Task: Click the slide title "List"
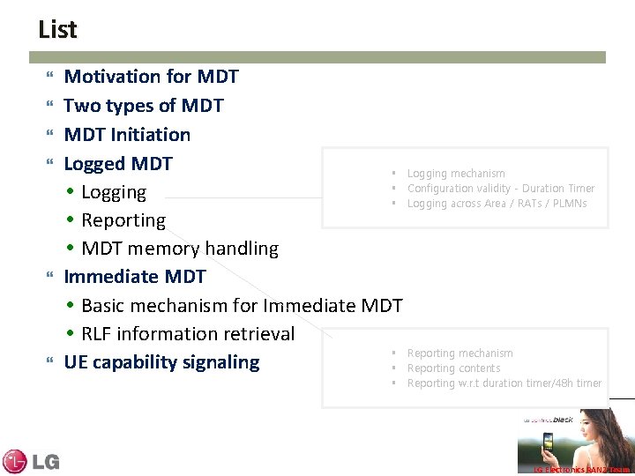point(57,29)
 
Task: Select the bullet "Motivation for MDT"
point(151,78)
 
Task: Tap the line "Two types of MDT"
point(144,106)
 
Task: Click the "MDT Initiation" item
point(127,135)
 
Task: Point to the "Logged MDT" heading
point(118,163)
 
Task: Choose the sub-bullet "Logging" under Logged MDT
point(113,192)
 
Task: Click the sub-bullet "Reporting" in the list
point(123,220)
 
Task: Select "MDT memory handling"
point(179,249)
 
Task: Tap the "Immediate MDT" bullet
point(135,277)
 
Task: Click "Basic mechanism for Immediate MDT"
point(241,306)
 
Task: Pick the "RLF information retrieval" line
point(187,334)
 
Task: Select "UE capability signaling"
point(161,362)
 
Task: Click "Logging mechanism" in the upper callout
point(456,174)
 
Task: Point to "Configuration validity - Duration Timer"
point(500,189)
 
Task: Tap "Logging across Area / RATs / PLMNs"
point(497,204)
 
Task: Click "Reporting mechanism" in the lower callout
point(459,353)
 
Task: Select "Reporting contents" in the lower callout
point(453,368)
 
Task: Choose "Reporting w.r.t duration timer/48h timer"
point(504,383)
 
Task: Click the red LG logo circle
point(15,461)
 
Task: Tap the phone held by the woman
point(548,441)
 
